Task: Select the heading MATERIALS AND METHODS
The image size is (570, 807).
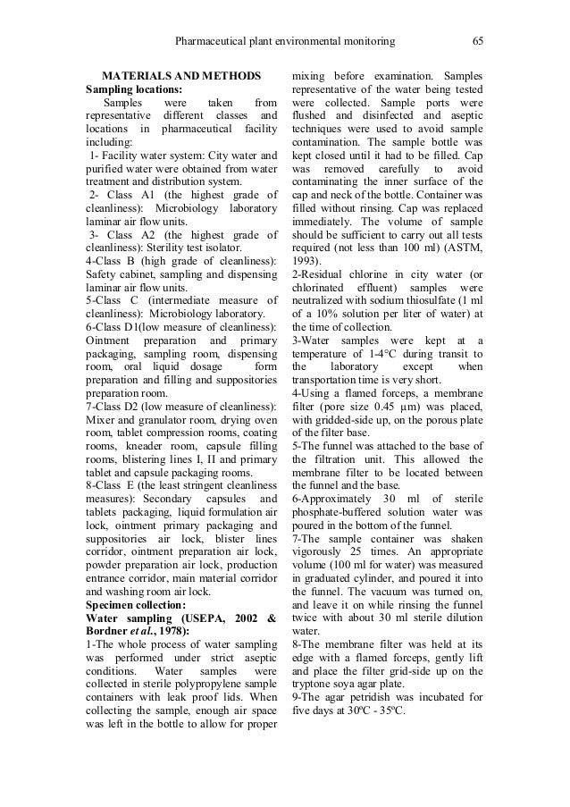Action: (181, 76)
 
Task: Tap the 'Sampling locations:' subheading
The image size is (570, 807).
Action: (133, 89)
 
